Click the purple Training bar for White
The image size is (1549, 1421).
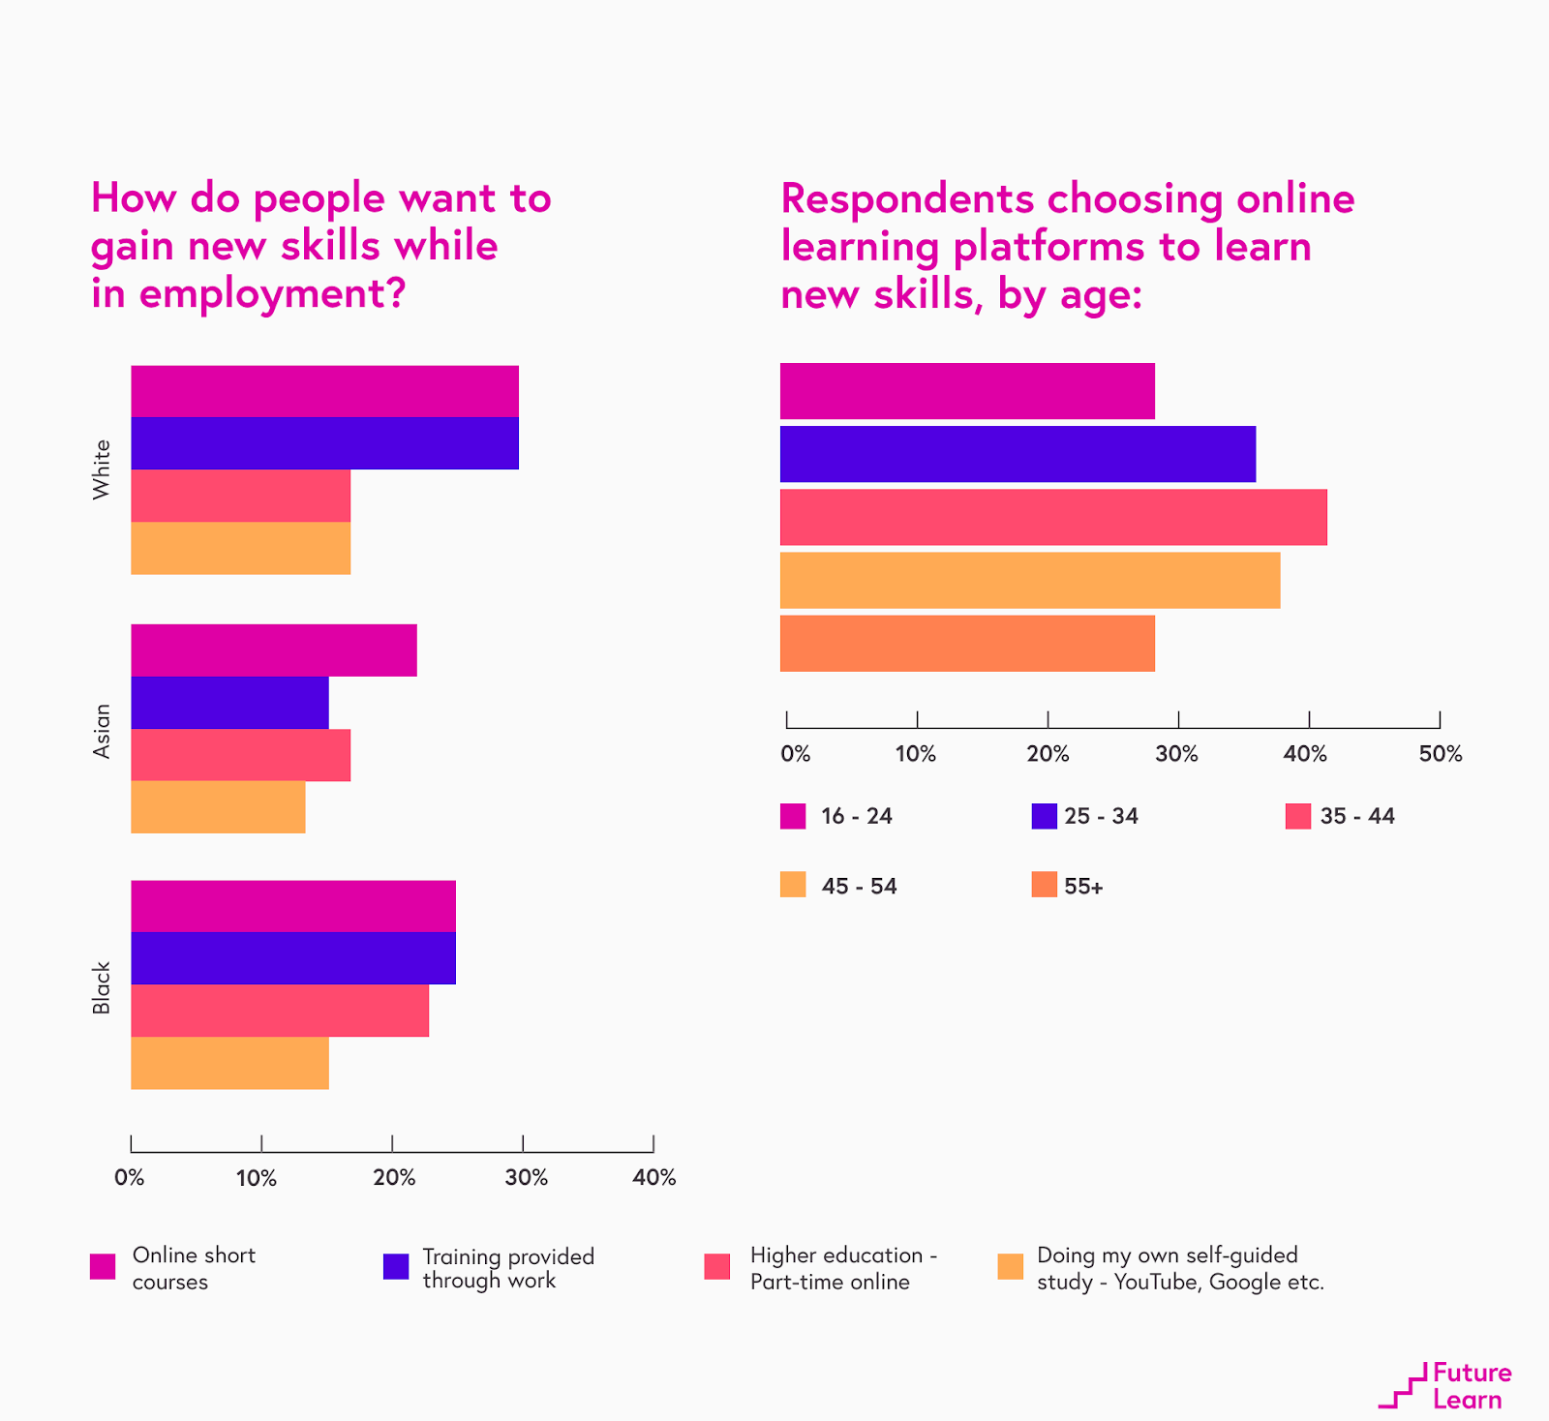coord(324,443)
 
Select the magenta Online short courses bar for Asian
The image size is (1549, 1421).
coord(274,650)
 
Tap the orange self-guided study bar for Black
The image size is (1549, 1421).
coord(229,1063)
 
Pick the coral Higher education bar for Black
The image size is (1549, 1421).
coord(280,1011)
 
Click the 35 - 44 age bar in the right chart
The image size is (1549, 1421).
coord(1053,517)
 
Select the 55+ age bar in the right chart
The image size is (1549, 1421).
coord(967,643)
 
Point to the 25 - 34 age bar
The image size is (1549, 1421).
coord(1017,454)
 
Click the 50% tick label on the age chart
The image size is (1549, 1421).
coord(1440,754)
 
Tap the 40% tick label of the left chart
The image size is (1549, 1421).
coord(654,1177)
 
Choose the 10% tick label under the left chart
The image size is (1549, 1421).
coord(257,1177)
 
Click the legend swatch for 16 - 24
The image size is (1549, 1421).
coord(793,816)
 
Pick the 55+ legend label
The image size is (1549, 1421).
coord(1083,886)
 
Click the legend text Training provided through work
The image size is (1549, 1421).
coord(507,1268)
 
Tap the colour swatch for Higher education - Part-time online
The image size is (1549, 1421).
coord(717,1266)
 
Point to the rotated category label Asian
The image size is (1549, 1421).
coord(102,731)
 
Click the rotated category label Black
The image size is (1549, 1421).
coord(102,987)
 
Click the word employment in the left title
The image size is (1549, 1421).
coord(271,293)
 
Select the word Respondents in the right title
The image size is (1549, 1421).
coord(907,198)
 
